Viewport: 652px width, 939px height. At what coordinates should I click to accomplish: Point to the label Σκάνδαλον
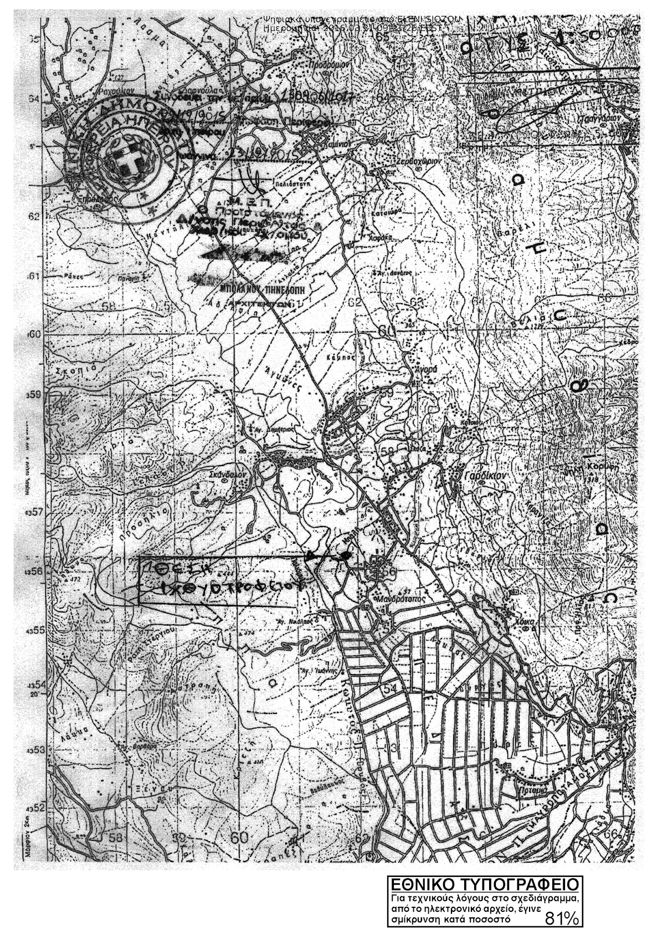[233, 474]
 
